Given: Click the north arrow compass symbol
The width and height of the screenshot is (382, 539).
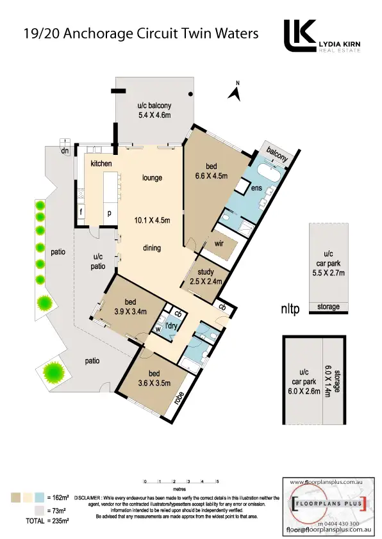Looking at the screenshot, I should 235,93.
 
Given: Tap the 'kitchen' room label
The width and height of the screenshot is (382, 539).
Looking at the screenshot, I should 101,164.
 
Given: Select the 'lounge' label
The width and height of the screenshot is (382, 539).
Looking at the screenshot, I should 152,177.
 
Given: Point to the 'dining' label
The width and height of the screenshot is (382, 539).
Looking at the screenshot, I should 152,248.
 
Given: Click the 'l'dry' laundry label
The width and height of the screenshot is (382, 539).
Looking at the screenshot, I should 171,327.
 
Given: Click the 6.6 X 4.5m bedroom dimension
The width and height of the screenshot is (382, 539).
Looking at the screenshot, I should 212,177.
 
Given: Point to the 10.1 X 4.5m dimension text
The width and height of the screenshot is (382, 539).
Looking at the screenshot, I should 152,221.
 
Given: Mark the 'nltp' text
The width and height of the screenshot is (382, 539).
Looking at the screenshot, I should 290,310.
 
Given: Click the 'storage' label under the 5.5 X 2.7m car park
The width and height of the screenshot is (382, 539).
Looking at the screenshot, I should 329,308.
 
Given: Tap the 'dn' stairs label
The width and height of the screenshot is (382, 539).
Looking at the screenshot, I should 65,151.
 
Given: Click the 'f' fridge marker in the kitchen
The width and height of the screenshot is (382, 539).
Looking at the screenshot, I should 81,211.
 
